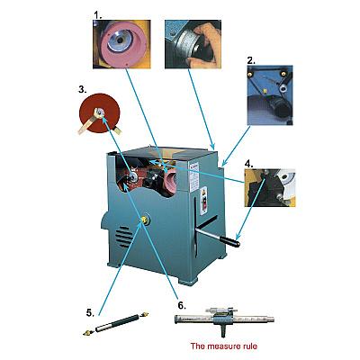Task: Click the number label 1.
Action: pyautogui.click(x=98, y=14)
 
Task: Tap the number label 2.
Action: pyautogui.click(x=251, y=60)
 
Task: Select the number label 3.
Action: pyautogui.click(x=83, y=89)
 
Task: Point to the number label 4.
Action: pyautogui.click(x=249, y=164)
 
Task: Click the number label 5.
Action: pyautogui.click(x=90, y=313)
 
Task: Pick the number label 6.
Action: pyautogui.click(x=182, y=305)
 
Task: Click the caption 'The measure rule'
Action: pyautogui.click(x=224, y=346)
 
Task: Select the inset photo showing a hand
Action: pyautogui.click(x=193, y=44)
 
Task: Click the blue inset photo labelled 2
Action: pyautogui.click(x=270, y=94)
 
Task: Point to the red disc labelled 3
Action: pyautogui.click(x=99, y=113)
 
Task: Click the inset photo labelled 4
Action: pyautogui.click(x=270, y=188)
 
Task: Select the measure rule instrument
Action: pyautogui.click(x=224, y=319)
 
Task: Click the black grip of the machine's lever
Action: pyautogui.click(x=230, y=241)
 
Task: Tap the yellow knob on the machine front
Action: pyautogui.click(x=145, y=220)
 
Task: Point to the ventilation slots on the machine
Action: pyautogui.click(x=123, y=236)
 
